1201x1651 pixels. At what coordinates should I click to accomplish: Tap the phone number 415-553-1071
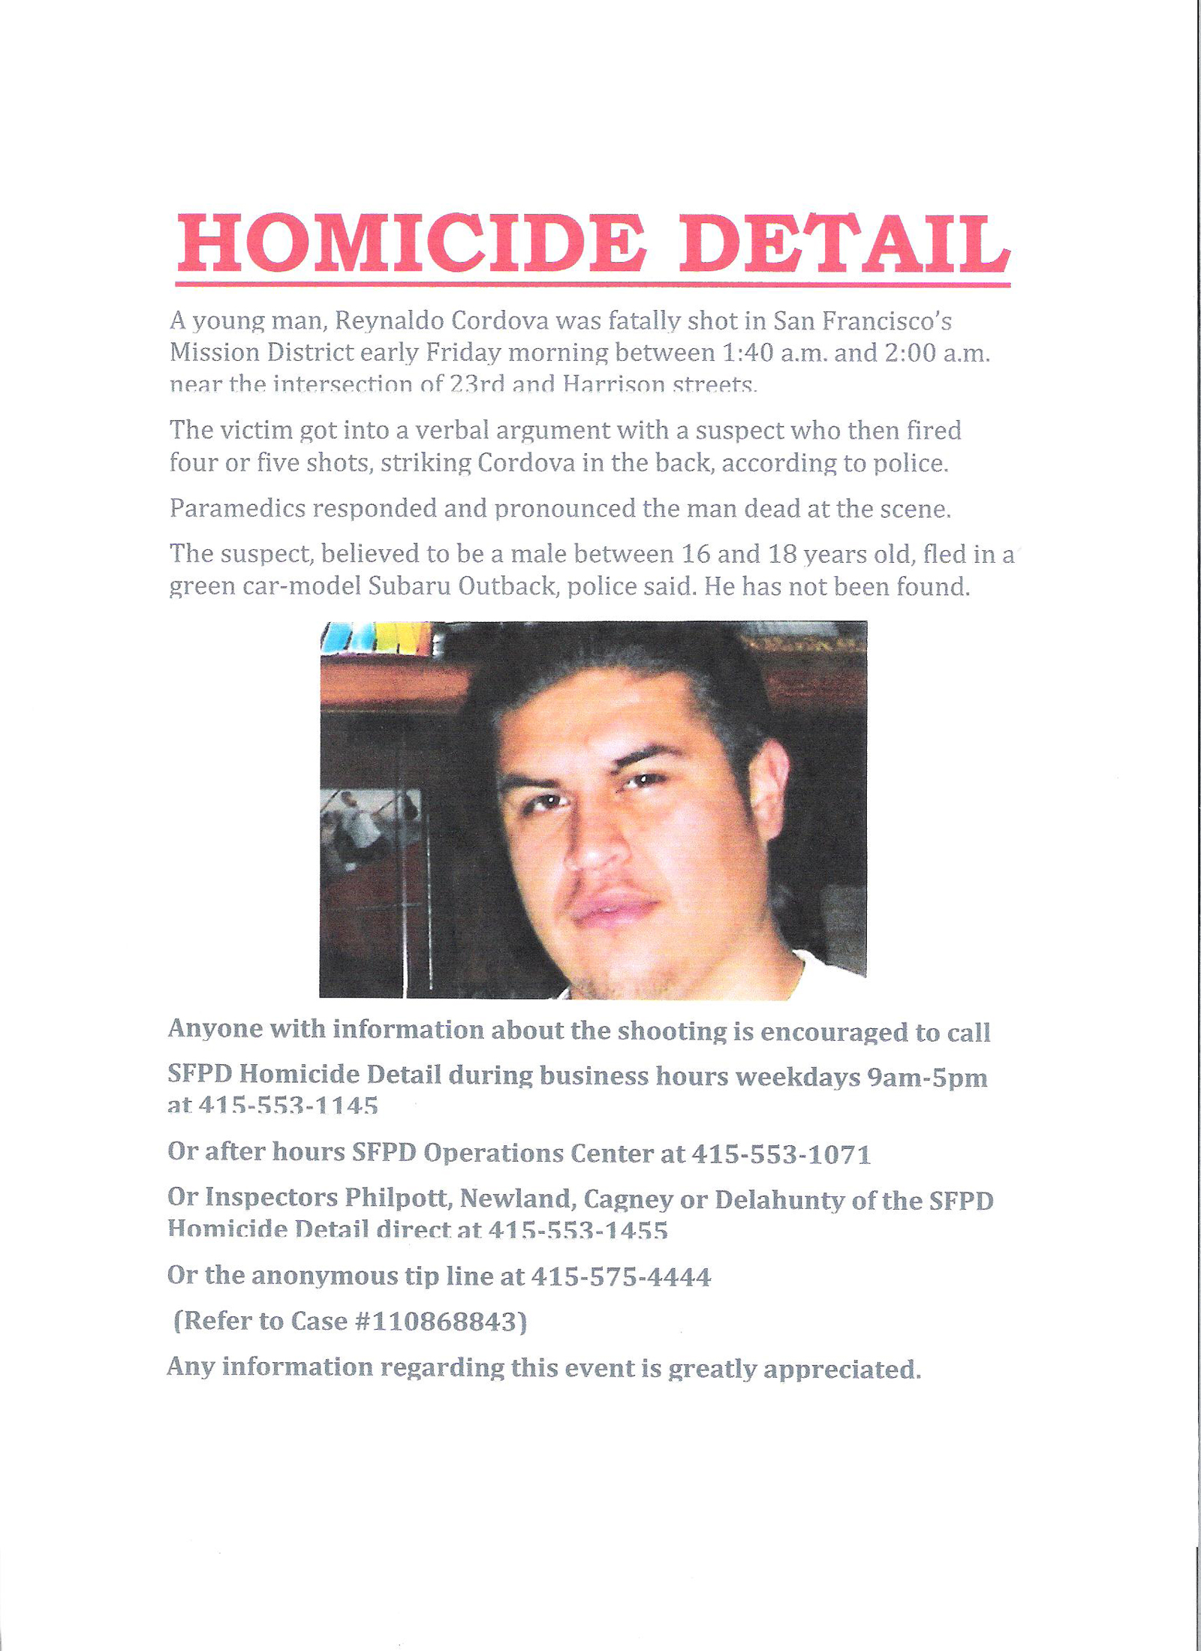781,1153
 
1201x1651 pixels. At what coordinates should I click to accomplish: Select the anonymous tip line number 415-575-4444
621,1277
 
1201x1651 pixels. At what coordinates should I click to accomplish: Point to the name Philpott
398,1198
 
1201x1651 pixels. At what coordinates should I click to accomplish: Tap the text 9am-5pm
927,1078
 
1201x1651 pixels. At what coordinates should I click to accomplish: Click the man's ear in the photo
769,788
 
